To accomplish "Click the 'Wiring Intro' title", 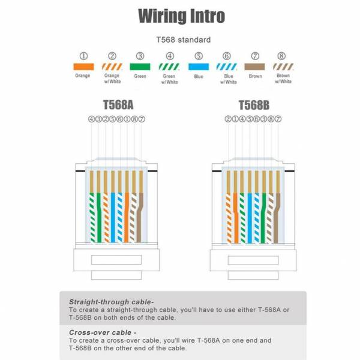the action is [x=181, y=16].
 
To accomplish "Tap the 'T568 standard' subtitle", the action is [x=184, y=40].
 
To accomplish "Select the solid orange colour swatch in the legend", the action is [x=83, y=67].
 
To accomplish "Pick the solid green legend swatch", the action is [x=140, y=67].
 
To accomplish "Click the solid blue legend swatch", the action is [x=199, y=67].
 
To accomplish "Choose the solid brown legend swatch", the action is [x=254, y=67].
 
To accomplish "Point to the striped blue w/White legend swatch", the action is [x=227, y=67].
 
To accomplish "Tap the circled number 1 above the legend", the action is [x=83, y=56].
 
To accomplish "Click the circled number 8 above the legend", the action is [x=281, y=56].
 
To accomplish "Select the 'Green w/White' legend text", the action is [x=169, y=79].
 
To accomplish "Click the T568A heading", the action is [x=118, y=105].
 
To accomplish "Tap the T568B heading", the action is [x=254, y=105].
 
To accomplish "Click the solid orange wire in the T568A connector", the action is [x=127, y=218].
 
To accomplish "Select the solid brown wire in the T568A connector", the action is [x=140, y=218].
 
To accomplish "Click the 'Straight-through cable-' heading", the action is [x=112, y=302].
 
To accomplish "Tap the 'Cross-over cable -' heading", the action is [x=103, y=332].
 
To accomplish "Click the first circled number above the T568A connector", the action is [x=91, y=119].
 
